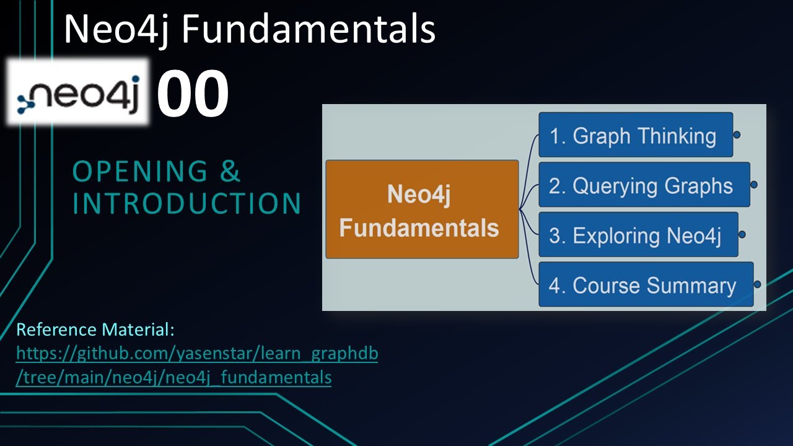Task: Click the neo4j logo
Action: (79, 93)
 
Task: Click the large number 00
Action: (193, 94)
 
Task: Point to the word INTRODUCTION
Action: (186, 204)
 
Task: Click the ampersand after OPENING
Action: (230, 172)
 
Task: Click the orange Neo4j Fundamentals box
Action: (422, 209)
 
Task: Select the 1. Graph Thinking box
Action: (636, 135)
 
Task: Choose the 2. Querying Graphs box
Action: (644, 185)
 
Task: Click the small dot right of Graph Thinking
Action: (737, 134)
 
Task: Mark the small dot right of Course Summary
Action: (757, 284)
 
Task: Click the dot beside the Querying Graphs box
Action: (753, 185)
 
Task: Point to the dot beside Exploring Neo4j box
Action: (742, 235)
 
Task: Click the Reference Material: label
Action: (95, 330)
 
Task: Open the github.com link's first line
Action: (196, 354)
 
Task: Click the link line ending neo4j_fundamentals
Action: (173, 377)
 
